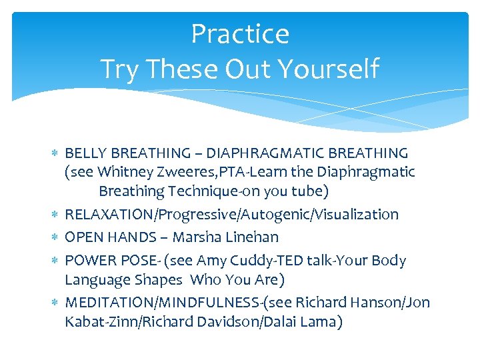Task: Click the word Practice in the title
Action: [x=240, y=34]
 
